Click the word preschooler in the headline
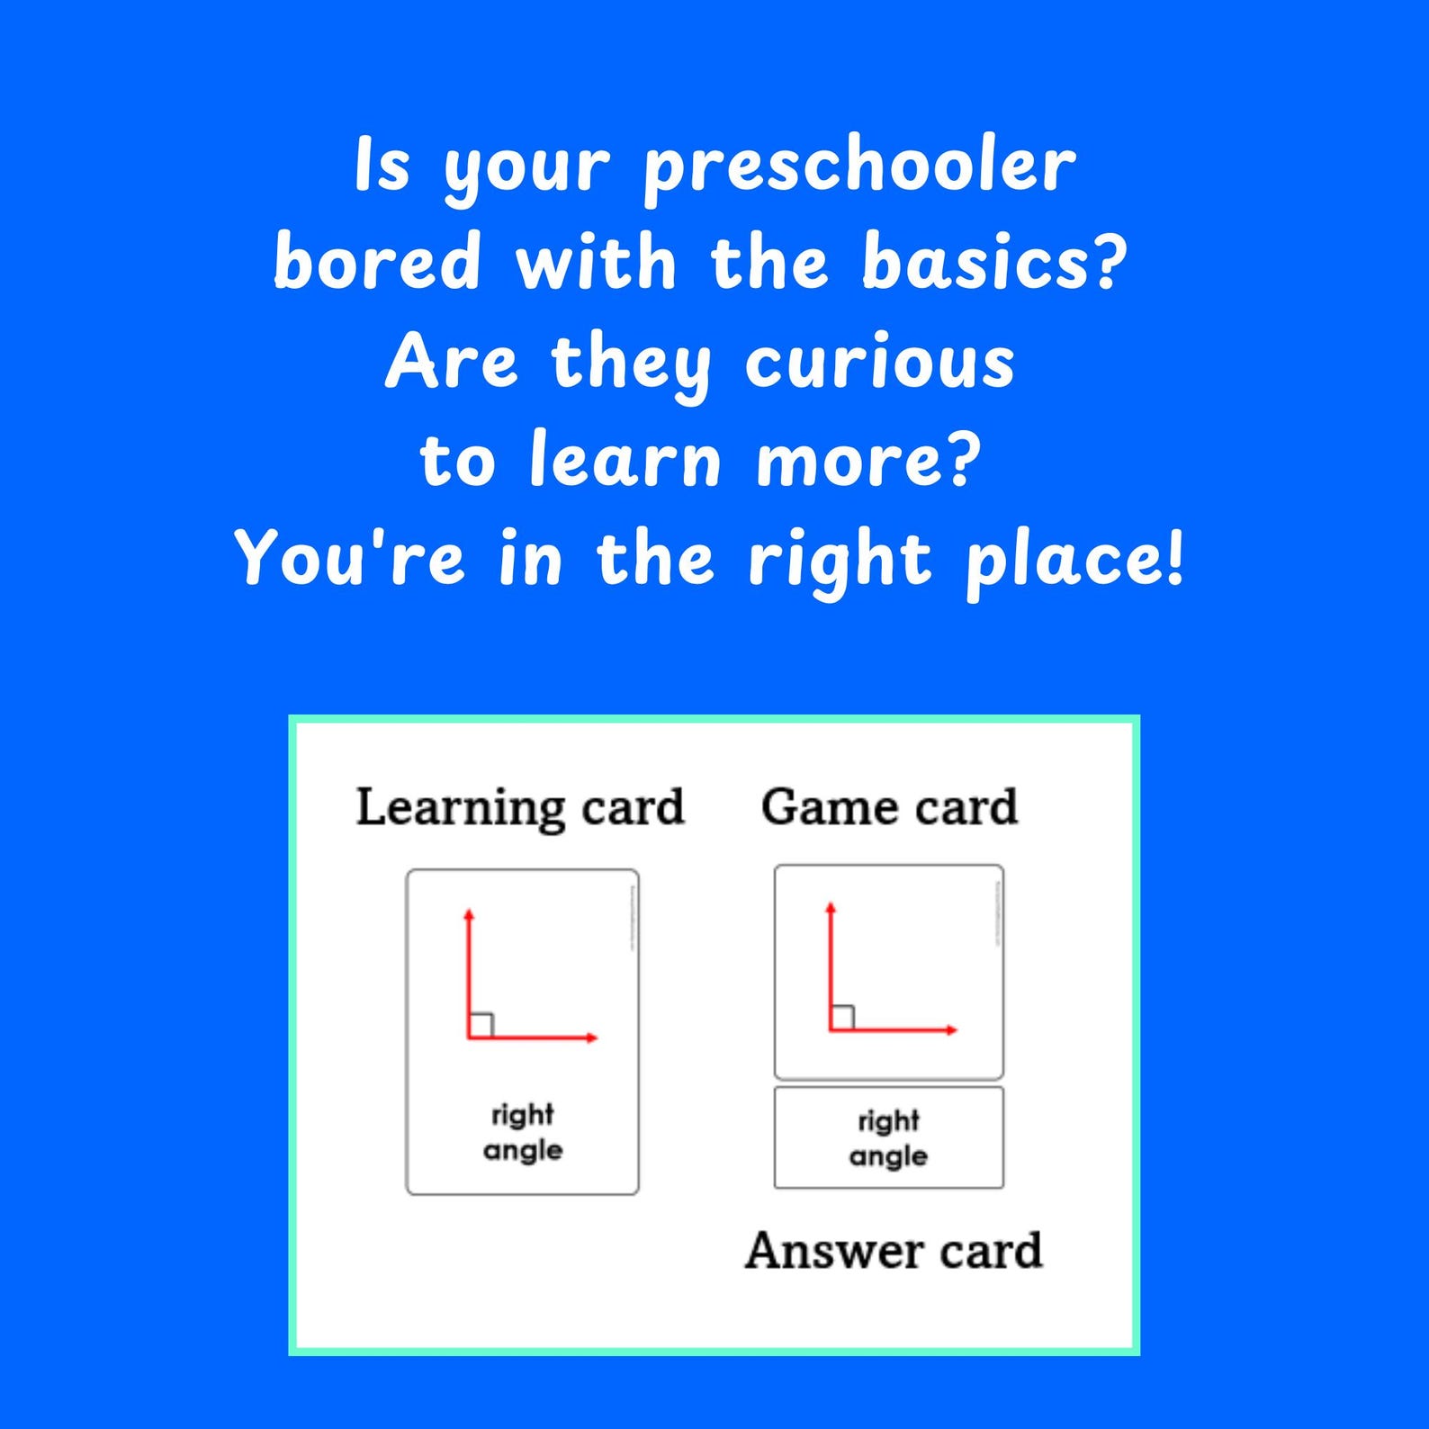(859, 166)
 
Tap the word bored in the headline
(377, 262)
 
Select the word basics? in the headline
(994, 262)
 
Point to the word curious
(879, 363)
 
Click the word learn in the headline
(625, 460)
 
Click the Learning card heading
(520, 807)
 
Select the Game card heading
(889, 807)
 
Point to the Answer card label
(894, 1251)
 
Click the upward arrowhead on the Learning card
(468, 915)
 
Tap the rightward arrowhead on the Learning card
(591, 1038)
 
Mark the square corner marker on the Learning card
(481, 1025)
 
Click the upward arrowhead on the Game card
(830, 908)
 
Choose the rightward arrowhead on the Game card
(951, 1029)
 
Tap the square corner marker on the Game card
(842, 1017)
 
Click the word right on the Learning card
(523, 1116)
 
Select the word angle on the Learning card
(523, 1151)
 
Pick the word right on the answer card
(888, 1121)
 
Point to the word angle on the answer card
(888, 1156)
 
